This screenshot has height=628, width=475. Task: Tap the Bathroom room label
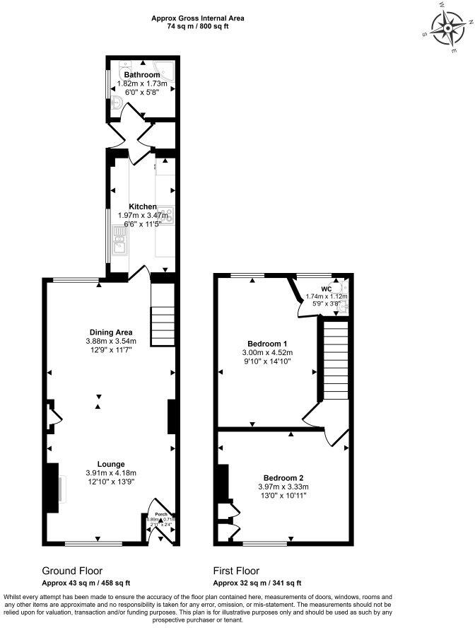coord(142,74)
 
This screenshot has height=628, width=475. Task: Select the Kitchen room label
coord(142,207)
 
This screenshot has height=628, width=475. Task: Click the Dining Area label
coord(111,332)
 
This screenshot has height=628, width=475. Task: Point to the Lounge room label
coord(110,464)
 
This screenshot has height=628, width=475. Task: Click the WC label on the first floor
coord(326,288)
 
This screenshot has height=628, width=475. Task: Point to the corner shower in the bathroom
coord(167,70)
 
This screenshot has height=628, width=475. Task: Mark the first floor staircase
coord(336,361)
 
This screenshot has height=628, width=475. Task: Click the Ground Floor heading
coord(72,571)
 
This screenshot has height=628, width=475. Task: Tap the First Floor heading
coord(236,571)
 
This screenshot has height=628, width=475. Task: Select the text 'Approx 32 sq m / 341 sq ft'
coord(257,583)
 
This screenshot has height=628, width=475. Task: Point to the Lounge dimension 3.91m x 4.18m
coord(110,473)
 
